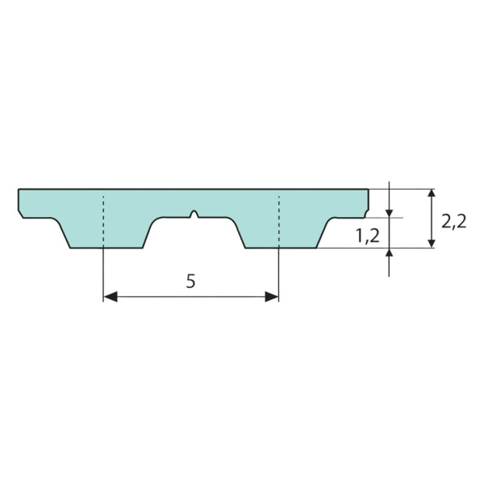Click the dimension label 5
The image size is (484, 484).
click(x=190, y=282)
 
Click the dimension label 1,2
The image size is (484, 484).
click(x=367, y=236)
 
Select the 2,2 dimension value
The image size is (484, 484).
click(x=453, y=221)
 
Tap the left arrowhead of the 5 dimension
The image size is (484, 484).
click(x=111, y=297)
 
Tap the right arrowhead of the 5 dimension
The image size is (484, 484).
click(x=272, y=297)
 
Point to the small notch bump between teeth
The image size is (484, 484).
click(x=194, y=214)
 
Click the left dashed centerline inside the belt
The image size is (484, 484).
click(x=103, y=221)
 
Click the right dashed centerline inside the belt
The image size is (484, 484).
click(x=279, y=221)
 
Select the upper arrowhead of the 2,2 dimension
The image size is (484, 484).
click(x=432, y=193)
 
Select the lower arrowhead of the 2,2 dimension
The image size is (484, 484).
click(x=432, y=244)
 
